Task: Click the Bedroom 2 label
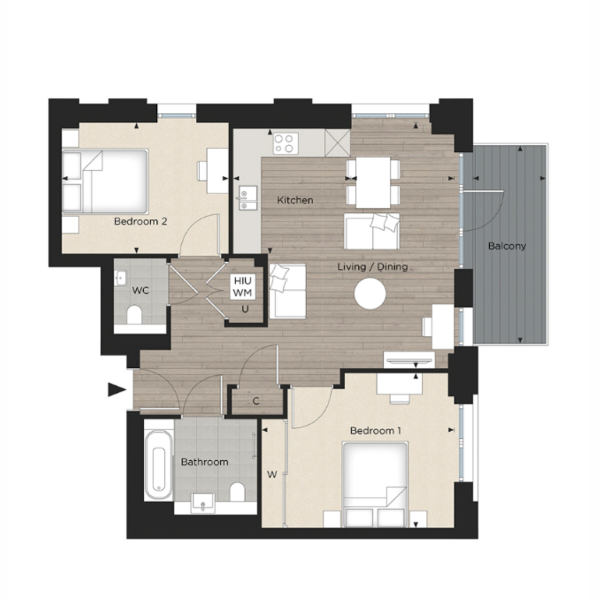140,221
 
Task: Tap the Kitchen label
295,200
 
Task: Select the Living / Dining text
373,267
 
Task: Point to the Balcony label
507,246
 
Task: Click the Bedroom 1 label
375,431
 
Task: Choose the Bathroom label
205,462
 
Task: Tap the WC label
140,291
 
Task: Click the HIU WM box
243,287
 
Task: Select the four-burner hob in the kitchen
286,143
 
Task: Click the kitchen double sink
248,198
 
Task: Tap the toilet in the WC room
134,314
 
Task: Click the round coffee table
370,294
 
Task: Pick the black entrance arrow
117,390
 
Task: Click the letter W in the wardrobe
272,475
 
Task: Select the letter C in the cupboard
256,401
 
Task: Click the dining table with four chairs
373,183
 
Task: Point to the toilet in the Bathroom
238,492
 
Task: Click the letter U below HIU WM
245,309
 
